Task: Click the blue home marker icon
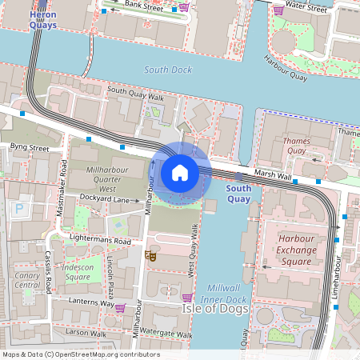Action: click(180, 173)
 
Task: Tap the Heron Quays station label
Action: click(42, 21)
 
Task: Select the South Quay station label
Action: click(238, 194)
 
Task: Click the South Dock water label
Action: click(168, 70)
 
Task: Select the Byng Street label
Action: click(30, 148)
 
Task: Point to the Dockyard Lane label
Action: click(110, 199)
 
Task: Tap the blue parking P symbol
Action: click(19, 210)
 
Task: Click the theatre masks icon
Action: click(150, 256)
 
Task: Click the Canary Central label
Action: click(27, 279)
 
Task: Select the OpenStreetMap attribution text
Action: click(81, 354)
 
